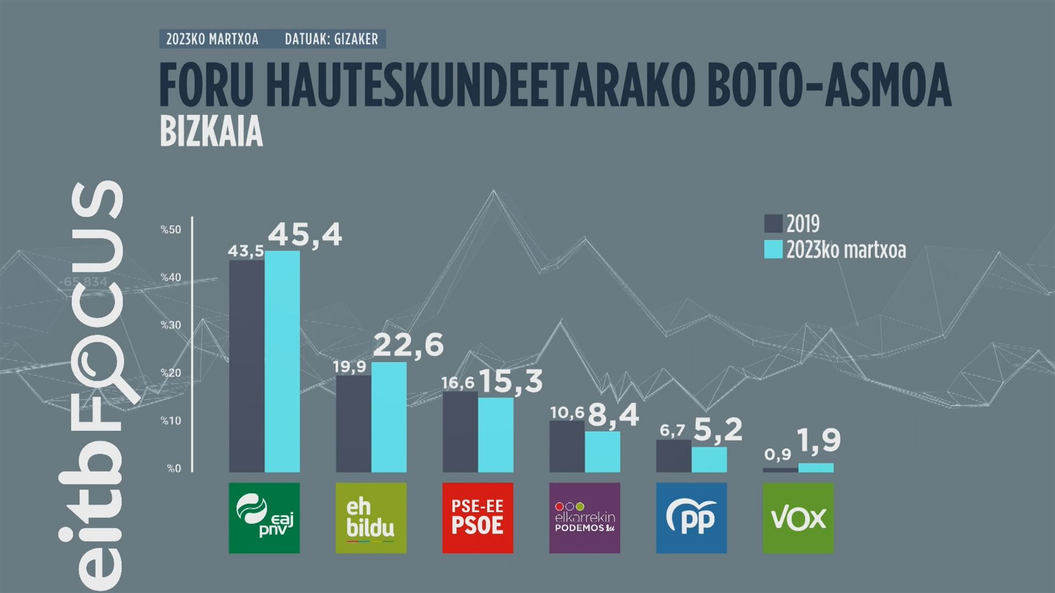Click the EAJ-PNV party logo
[x=264, y=518]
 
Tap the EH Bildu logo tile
[x=371, y=518]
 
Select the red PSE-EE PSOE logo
[x=477, y=518]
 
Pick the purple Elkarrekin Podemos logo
[x=585, y=518]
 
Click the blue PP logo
[x=691, y=518]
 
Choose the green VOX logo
[x=798, y=518]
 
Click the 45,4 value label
[x=305, y=235]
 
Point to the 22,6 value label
[x=408, y=345]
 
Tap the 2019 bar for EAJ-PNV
[x=247, y=366]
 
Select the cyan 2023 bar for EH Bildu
[x=389, y=417]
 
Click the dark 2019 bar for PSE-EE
[x=460, y=432]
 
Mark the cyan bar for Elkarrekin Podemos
[x=602, y=451]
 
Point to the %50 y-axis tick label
[x=171, y=230]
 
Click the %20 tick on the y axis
[x=171, y=373]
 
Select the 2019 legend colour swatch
[x=773, y=224]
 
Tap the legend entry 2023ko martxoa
[x=846, y=250]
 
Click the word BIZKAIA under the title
[x=212, y=132]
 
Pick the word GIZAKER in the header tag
[x=356, y=40]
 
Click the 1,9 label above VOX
[x=819, y=440]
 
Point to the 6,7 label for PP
[x=672, y=430]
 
